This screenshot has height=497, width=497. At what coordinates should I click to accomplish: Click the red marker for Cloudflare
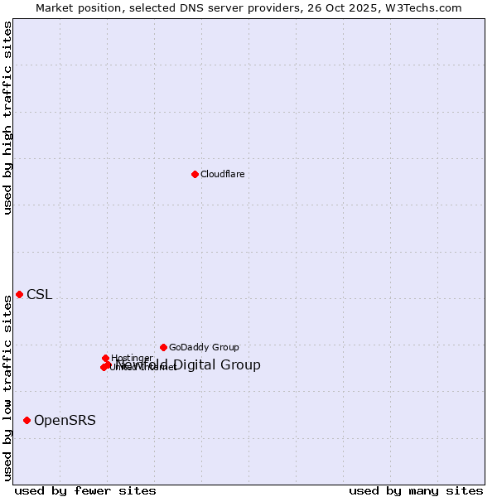click(x=195, y=174)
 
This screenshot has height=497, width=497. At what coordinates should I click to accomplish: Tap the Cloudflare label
click(x=222, y=174)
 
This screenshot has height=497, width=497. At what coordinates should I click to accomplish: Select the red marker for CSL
click(x=19, y=295)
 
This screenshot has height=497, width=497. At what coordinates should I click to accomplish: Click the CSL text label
click(x=39, y=295)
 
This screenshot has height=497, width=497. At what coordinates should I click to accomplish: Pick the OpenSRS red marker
click(x=27, y=421)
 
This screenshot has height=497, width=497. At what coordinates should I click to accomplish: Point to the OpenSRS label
click(x=65, y=421)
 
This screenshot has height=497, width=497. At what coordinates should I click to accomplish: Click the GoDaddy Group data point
click(x=163, y=347)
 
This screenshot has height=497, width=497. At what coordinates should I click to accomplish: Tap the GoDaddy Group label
click(x=204, y=348)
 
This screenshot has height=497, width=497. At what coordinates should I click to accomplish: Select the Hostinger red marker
click(x=105, y=358)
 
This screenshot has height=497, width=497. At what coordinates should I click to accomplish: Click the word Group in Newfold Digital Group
click(x=242, y=365)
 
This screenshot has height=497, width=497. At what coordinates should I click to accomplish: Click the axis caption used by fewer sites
click(x=85, y=491)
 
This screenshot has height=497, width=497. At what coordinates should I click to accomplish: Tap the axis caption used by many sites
click(x=416, y=491)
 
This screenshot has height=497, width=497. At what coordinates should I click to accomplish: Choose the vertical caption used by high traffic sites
click(x=8, y=118)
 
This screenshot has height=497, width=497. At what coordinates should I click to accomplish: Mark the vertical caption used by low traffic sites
click(x=8, y=387)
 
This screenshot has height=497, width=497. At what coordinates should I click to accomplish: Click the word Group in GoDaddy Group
click(x=224, y=348)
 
